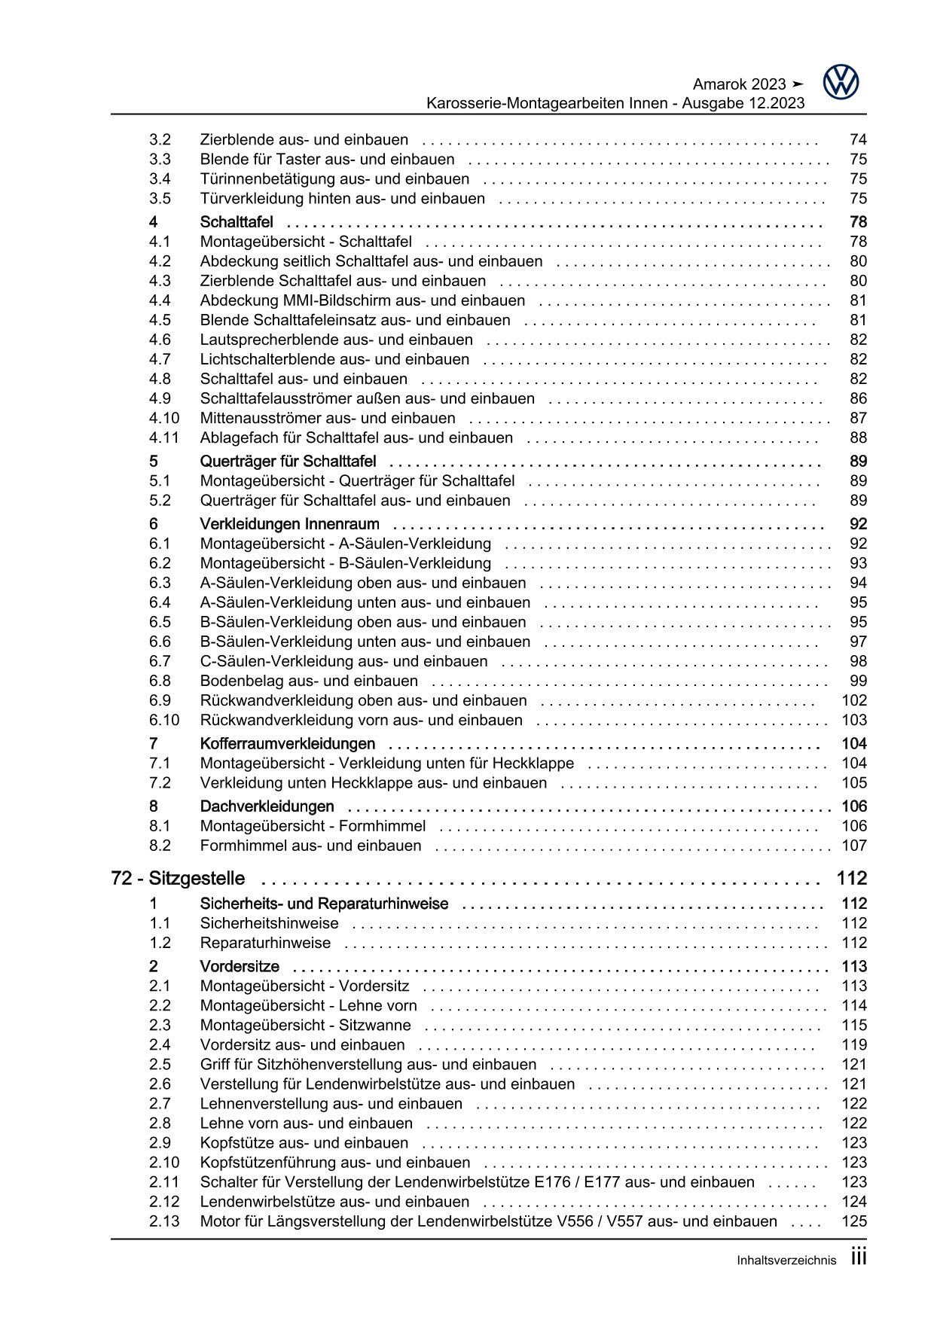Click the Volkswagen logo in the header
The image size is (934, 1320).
[841, 81]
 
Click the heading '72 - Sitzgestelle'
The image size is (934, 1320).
[178, 879]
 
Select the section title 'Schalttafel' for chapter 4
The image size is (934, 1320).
[237, 222]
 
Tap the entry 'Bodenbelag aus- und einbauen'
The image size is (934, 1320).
[309, 681]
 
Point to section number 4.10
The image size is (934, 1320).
[164, 419]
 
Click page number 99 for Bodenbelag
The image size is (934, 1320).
[858, 681]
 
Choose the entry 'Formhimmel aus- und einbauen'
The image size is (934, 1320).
[310, 846]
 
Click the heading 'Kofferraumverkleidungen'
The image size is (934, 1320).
[287, 745]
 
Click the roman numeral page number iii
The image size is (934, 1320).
[859, 1258]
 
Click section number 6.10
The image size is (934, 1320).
[164, 721]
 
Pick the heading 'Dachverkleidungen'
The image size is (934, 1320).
[267, 807]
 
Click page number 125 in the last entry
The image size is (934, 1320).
[854, 1221]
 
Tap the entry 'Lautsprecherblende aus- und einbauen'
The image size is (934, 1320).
[336, 340]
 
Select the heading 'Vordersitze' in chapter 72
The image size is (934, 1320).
[240, 967]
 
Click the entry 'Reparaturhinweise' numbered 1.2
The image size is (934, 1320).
[265, 944]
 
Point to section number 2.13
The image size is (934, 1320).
[164, 1221]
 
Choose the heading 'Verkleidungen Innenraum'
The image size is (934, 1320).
[289, 525]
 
